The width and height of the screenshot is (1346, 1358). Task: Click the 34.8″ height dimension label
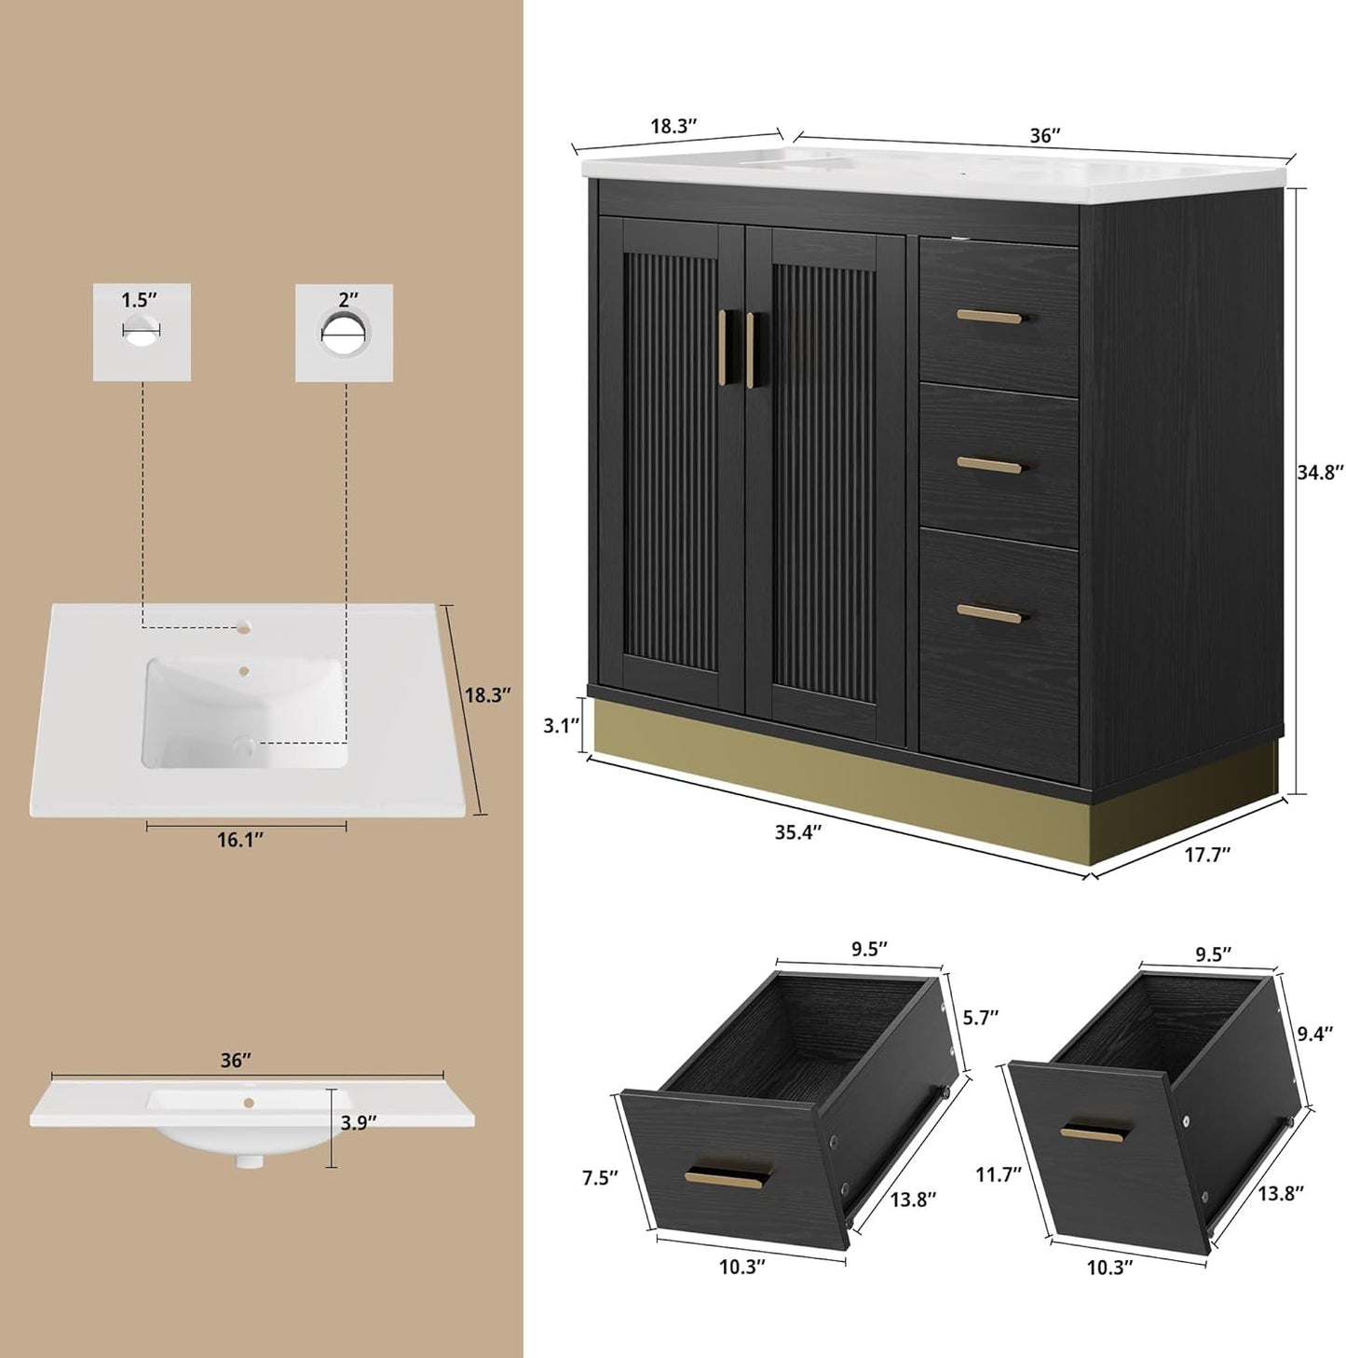click(x=1320, y=473)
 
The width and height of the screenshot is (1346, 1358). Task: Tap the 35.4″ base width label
click(x=798, y=832)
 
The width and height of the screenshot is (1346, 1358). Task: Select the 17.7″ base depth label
click(x=1207, y=855)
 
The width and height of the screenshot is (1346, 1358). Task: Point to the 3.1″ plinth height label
click(x=562, y=725)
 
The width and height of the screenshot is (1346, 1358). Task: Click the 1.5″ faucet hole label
click(x=139, y=300)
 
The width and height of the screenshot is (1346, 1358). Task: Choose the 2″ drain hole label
click(x=348, y=300)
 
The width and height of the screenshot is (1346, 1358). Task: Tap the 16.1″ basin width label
click(x=240, y=840)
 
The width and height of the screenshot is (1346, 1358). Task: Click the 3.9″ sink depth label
click(x=359, y=1123)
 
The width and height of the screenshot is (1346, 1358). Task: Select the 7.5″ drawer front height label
click(x=600, y=1178)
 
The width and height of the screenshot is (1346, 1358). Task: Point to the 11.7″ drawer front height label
click(x=999, y=1174)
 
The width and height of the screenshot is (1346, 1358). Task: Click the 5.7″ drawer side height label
click(x=981, y=1017)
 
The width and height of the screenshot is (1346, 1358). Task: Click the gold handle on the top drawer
click(x=989, y=317)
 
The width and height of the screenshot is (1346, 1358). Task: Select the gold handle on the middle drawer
click(x=989, y=464)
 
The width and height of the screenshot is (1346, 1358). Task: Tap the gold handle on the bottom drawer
click(x=989, y=612)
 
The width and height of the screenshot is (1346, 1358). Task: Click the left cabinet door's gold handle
click(x=723, y=347)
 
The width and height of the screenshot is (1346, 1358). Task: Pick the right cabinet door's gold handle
click(x=750, y=350)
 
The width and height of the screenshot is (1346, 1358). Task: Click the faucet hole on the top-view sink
click(x=246, y=626)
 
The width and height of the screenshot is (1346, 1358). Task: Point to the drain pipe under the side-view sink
click(x=248, y=1161)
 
